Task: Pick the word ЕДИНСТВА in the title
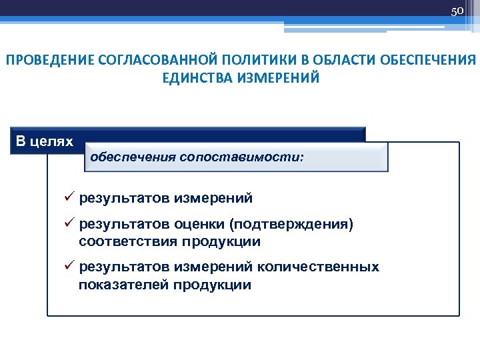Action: tap(193, 78)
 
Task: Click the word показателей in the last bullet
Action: tap(124, 285)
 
